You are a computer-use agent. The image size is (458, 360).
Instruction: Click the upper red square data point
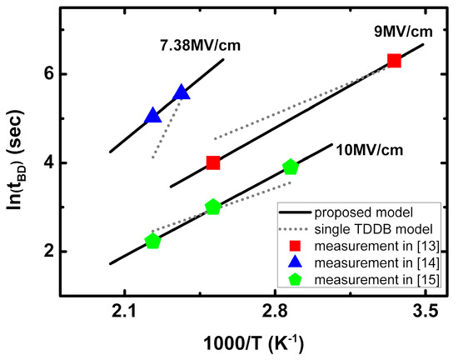pos(394,61)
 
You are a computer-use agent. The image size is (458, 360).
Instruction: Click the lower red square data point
pos(212,162)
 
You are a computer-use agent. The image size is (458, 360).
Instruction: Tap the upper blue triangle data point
pos(181,92)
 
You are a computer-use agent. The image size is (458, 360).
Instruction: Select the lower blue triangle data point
pos(152,116)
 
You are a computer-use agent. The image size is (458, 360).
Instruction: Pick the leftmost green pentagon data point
pos(152,241)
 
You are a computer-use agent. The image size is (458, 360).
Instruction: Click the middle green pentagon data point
pos(212,207)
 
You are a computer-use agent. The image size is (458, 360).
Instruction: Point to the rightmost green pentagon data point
pos(290,167)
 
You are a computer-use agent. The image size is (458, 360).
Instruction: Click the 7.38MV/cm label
pos(196,45)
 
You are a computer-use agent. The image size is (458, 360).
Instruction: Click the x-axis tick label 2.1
pos(124,311)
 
